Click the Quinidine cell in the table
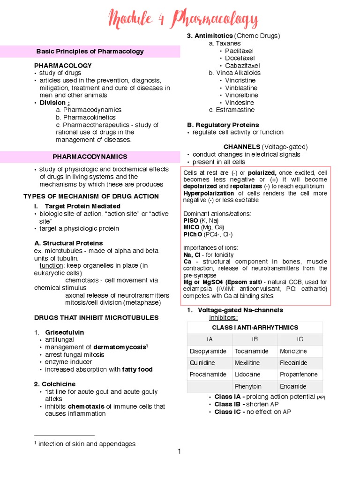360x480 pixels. (x=202, y=363)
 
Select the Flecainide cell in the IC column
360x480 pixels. (x=293, y=363)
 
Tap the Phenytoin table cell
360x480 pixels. (x=248, y=387)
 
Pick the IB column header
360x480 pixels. (x=255, y=339)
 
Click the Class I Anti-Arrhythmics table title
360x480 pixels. (x=255, y=328)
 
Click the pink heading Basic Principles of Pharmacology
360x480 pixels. (x=90, y=52)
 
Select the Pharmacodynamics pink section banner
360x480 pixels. (x=90, y=157)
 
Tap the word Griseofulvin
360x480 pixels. (x=65, y=332)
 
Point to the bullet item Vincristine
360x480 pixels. (x=240, y=81)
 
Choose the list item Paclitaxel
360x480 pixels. (x=239, y=51)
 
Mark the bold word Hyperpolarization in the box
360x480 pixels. (x=209, y=193)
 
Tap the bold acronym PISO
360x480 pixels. (x=190, y=220)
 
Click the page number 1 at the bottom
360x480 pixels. (x=179, y=451)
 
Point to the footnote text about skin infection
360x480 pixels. (x=87, y=444)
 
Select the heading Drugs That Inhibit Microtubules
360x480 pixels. (x=96, y=318)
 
